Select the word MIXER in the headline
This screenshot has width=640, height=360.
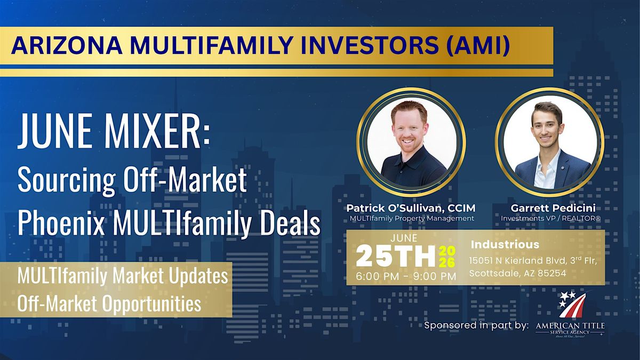point(157,131)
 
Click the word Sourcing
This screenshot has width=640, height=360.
point(67,181)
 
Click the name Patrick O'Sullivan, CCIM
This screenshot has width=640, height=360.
point(411,208)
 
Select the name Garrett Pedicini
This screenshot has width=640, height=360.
point(553,208)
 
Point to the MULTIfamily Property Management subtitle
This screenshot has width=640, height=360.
point(412,219)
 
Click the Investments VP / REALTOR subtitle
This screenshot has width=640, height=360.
point(551,219)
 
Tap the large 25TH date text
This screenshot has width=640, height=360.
point(396,257)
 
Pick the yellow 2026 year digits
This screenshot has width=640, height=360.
point(447,257)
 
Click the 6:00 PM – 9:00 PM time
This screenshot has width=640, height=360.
point(406,276)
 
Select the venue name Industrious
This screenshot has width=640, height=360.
point(505,245)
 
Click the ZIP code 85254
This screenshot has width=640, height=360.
point(552,274)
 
